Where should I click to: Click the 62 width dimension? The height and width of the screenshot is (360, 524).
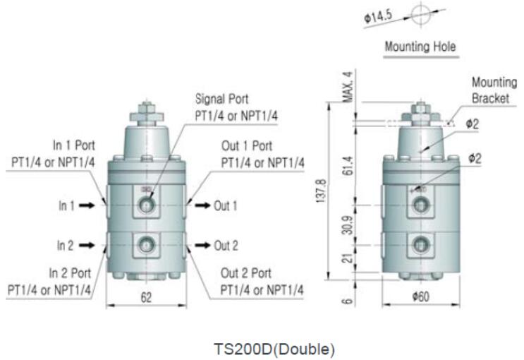coord(146,298)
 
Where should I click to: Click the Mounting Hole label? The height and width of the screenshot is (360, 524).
coord(420,47)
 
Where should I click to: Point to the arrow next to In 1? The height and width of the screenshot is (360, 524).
coord(87,205)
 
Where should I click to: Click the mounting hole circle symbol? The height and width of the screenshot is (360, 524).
coord(420,14)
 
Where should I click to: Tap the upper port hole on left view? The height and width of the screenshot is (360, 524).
coord(146,205)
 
